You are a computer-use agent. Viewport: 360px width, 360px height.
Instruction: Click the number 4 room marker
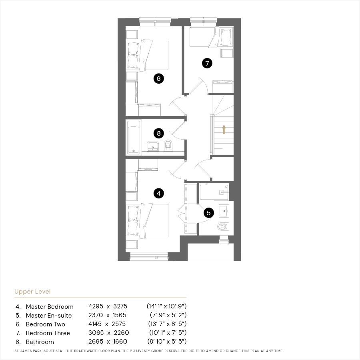point(159,193)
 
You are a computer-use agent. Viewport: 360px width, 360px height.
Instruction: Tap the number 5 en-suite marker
point(209,213)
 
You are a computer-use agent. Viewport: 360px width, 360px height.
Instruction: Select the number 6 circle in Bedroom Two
point(159,78)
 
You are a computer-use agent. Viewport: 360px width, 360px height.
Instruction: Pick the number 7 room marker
point(207,63)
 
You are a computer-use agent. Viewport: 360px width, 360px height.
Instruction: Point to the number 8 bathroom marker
point(159,133)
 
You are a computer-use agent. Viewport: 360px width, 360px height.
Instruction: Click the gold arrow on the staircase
point(224,129)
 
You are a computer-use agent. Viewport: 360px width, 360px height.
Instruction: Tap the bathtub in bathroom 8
point(134,137)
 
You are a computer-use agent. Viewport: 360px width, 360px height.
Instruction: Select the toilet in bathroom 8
point(168,145)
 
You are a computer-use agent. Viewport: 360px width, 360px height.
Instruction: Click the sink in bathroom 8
point(153,146)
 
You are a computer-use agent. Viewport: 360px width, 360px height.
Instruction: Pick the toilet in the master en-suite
point(222,227)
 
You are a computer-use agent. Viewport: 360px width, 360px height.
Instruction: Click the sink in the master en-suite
point(224,211)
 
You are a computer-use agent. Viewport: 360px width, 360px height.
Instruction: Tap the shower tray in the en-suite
point(214,192)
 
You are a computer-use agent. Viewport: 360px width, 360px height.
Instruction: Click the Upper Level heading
point(32,292)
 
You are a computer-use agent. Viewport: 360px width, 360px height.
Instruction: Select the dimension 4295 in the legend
point(96,306)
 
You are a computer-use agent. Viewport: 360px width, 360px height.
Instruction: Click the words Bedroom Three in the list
point(48,333)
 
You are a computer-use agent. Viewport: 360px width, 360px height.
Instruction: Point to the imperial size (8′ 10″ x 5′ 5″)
point(167,342)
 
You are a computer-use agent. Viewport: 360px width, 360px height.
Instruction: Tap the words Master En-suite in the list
point(49,316)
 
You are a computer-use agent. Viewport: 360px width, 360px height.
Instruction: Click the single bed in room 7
point(211,37)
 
